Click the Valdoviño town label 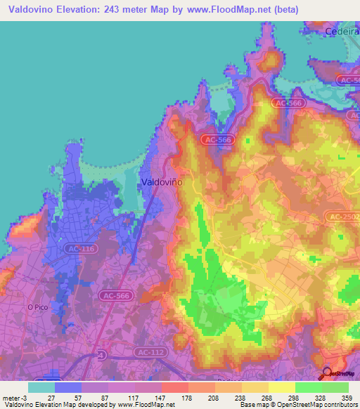pos(162,181)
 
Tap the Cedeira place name pos(342,32)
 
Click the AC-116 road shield pos(79,249)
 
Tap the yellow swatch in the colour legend pos(282,387)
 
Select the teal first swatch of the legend pos(41,387)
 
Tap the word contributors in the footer pos(342,405)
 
